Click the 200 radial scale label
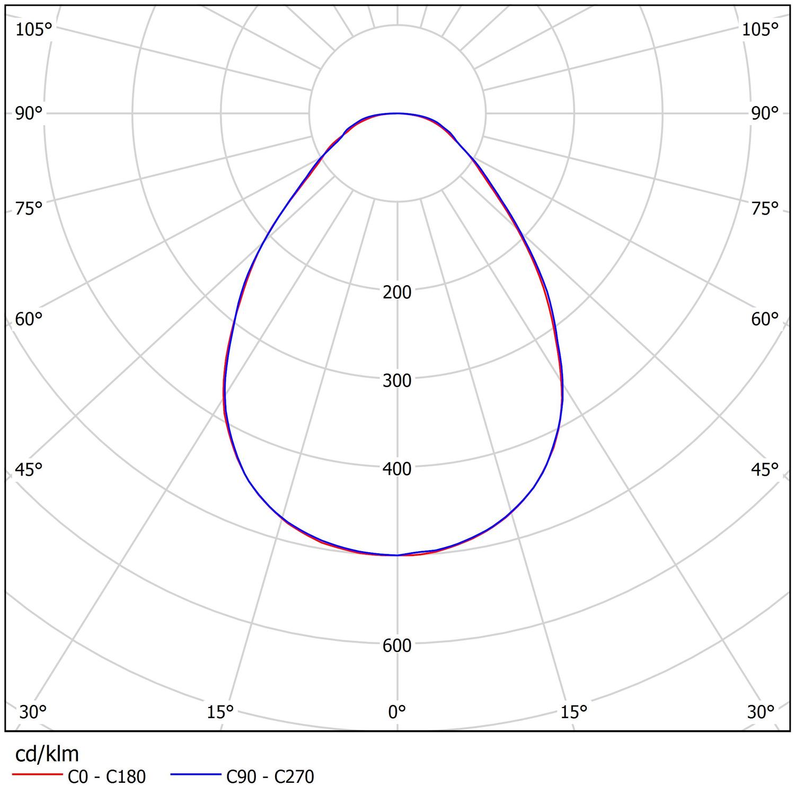[397, 292]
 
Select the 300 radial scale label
[397, 381]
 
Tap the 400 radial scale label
[397, 469]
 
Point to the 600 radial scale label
[397, 646]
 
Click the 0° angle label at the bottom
[397, 712]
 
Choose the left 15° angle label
[220, 712]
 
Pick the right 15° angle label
[574, 712]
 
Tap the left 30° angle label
[33, 712]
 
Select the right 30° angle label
[761, 712]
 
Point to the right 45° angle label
[765, 470]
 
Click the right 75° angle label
[765, 209]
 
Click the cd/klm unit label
[47, 754]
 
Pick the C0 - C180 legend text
[107, 777]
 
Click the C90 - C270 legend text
[270, 777]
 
